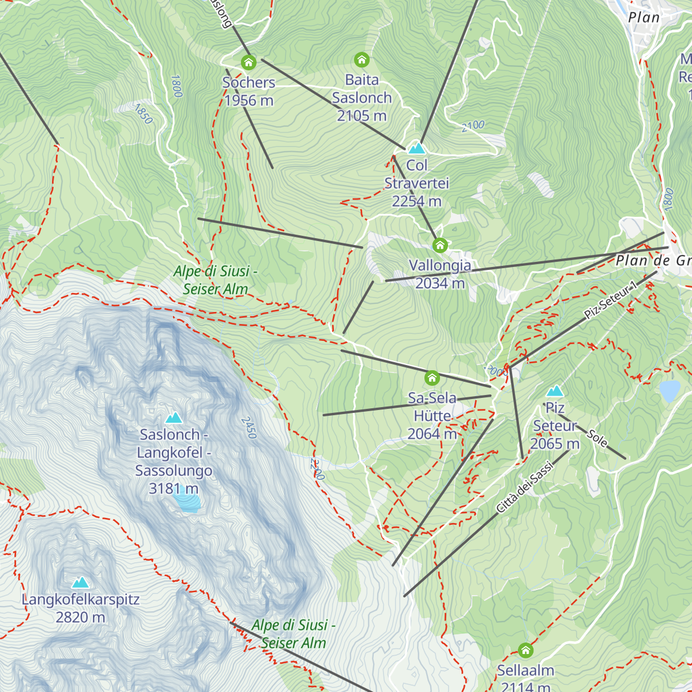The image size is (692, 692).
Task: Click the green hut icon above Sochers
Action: pyautogui.click(x=249, y=62)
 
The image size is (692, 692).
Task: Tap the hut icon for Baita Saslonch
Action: pyautogui.click(x=362, y=59)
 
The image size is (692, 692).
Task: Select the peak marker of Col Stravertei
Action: pyautogui.click(x=416, y=148)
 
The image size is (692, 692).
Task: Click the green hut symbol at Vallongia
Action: pyautogui.click(x=440, y=245)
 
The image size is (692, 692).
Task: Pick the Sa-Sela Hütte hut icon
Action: pyautogui.click(x=432, y=378)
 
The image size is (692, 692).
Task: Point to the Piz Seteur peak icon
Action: pyautogui.click(x=555, y=391)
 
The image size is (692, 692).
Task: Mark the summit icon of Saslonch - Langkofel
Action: pyautogui.click(x=174, y=417)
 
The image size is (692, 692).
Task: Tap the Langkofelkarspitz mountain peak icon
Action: pyautogui.click(x=80, y=582)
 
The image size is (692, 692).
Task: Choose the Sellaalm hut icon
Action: pyautogui.click(x=525, y=650)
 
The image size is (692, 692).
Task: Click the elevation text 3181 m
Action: pyautogui.click(x=174, y=488)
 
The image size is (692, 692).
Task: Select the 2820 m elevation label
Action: pyautogui.click(x=80, y=617)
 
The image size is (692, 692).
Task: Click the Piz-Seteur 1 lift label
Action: pyautogui.click(x=611, y=300)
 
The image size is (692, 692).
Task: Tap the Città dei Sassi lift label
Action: pyautogui.click(x=524, y=488)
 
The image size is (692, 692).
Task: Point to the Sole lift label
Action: pyautogui.click(x=597, y=438)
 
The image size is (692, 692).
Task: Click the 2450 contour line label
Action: pyautogui.click(x=249, y=427)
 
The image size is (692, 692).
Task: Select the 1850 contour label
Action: pyautogui.click(x=144, y=114)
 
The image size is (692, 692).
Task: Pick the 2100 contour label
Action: pyautogui.click(x=473, y=126)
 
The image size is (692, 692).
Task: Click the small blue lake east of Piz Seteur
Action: pyautogui.click(x=670, y=390)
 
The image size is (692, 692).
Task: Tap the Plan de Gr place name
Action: pyautogui.click(x=653, y=261)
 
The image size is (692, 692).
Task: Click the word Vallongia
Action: pyautogui.click(x=440, y=265)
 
